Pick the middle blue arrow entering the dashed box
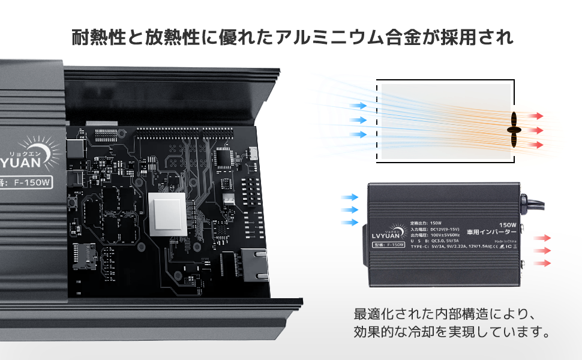point(358,119)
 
